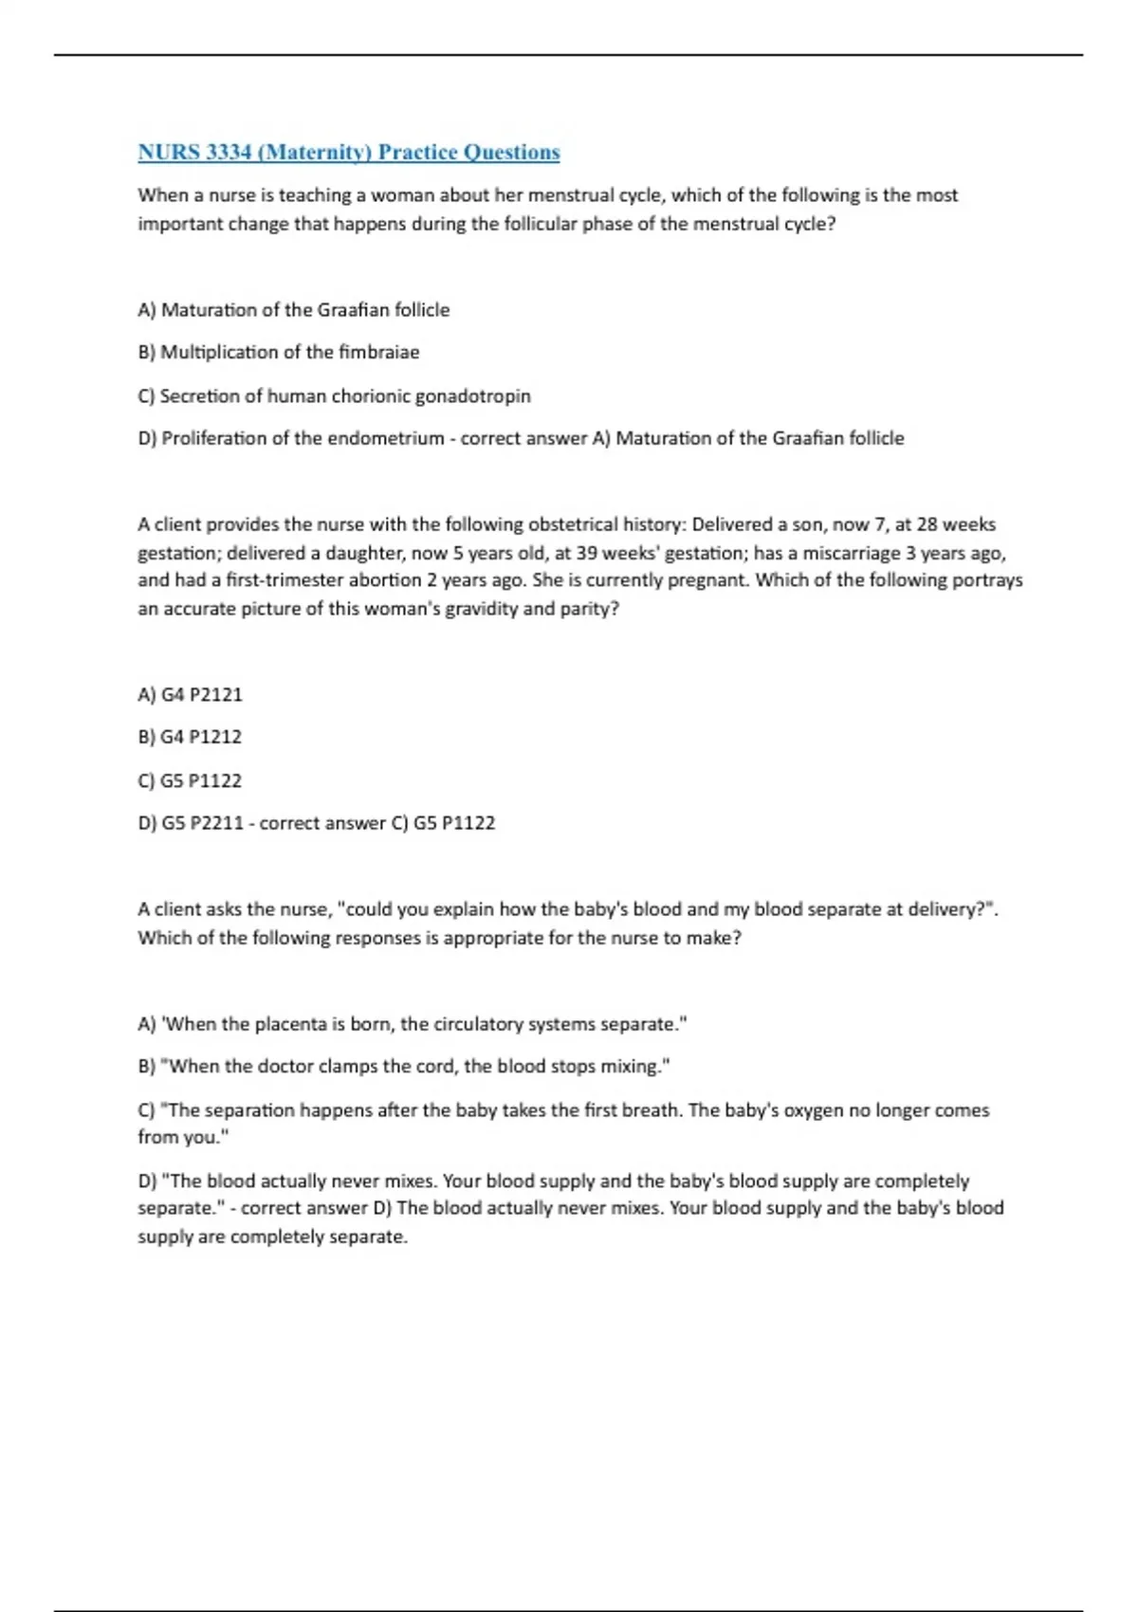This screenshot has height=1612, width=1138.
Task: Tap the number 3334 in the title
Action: coord(226,153)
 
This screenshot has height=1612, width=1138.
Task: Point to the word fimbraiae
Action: coord(378,353)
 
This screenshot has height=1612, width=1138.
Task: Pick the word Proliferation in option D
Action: coord(214,439)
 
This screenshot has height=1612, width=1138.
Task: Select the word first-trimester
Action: coord(284,580)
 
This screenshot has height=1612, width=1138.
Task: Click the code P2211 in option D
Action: coord(217,823)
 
